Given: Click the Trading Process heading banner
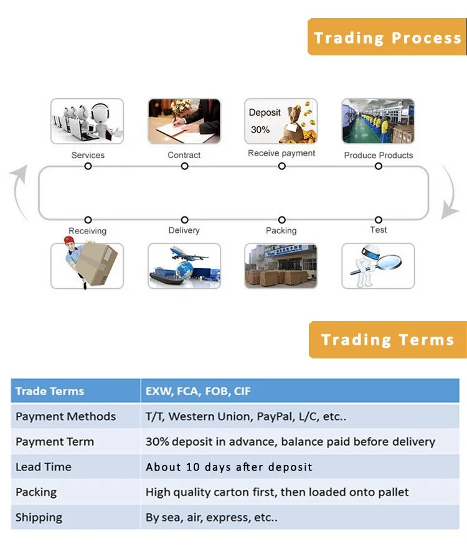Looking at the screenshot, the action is pyautogui.click(x=387, y=37).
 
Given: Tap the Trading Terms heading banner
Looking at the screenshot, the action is pyautogui.click(x=388, y=340).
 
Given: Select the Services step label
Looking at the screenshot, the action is pyautogui.click(x=88, y=155).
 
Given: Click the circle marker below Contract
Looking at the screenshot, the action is pyautogui.click(x=184, y=166).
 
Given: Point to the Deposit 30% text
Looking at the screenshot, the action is pyautogui.click(x=265, y=121).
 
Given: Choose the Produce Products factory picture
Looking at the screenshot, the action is pyautogui.click(x=378, y=121).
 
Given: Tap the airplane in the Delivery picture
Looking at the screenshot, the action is pyautogui.click(x=187, y=253).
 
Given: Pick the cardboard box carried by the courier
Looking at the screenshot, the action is pyautogui.click(x=97, y=263).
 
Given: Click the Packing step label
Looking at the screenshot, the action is pyautogui.click(x=281, y=231).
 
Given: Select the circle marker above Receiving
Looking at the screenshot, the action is pyautogui.click(x=88, y=220).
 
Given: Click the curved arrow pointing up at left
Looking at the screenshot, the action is pyautogui.click(x=17, y=192).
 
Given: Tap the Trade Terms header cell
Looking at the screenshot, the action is pyautogui.click(x=75, y=391).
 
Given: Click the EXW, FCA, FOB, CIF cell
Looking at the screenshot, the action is pyautogui.click(x=300, y=391).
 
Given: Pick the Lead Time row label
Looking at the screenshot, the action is pyautogui.click(x=44, y=467).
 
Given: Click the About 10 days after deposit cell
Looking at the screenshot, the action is pyautogui.click(x=300, y=467).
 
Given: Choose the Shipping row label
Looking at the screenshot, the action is pyautogui.click(x=39, y=518).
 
